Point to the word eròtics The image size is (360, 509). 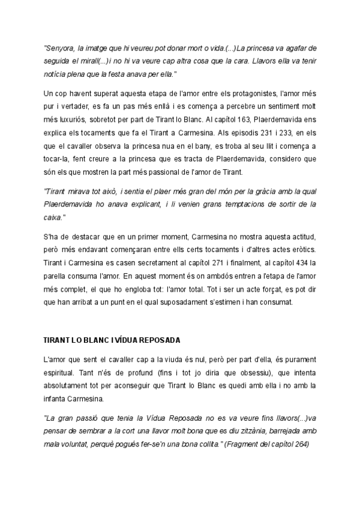(303, 248)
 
